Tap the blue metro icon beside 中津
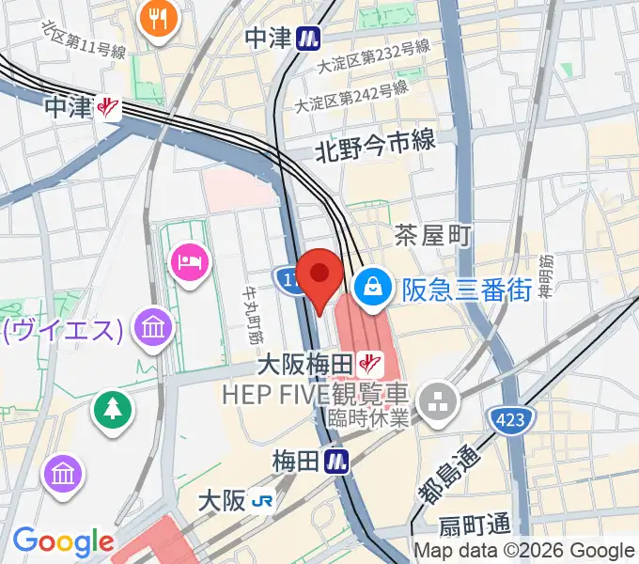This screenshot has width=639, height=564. click(306, 38)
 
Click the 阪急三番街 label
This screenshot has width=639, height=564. click(467, 290)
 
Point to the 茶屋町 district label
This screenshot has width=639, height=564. click(432, 235)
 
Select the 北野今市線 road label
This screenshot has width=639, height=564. click(375, 144)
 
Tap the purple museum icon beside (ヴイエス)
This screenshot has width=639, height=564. click(151, 328)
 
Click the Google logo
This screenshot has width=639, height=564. click(63, 541)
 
